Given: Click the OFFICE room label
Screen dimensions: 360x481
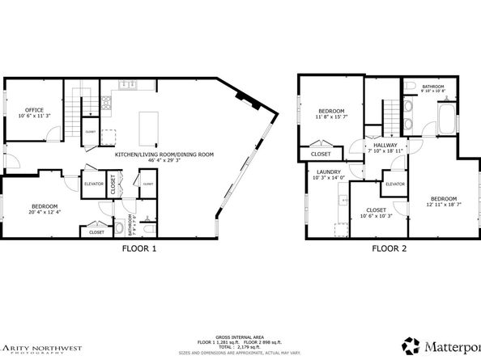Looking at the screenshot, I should tap(33, 109).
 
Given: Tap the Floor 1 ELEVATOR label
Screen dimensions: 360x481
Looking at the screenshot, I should tap(94, 184).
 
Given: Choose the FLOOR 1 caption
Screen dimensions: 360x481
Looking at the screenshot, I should tap(133, 249).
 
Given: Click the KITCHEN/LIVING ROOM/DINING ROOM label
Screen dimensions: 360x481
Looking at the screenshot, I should tap(164, 154).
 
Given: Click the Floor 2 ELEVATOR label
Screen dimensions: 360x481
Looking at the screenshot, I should tap(394, 184).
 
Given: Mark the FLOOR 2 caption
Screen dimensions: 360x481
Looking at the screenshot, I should tap(389, 249).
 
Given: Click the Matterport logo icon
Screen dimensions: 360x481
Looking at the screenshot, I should tap(411, 345).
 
